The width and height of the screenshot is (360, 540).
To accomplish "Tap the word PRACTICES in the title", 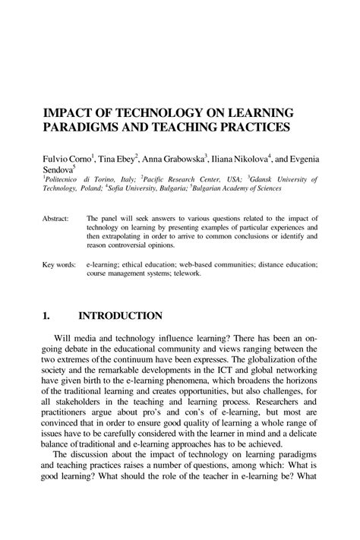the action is pos(253,127).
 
